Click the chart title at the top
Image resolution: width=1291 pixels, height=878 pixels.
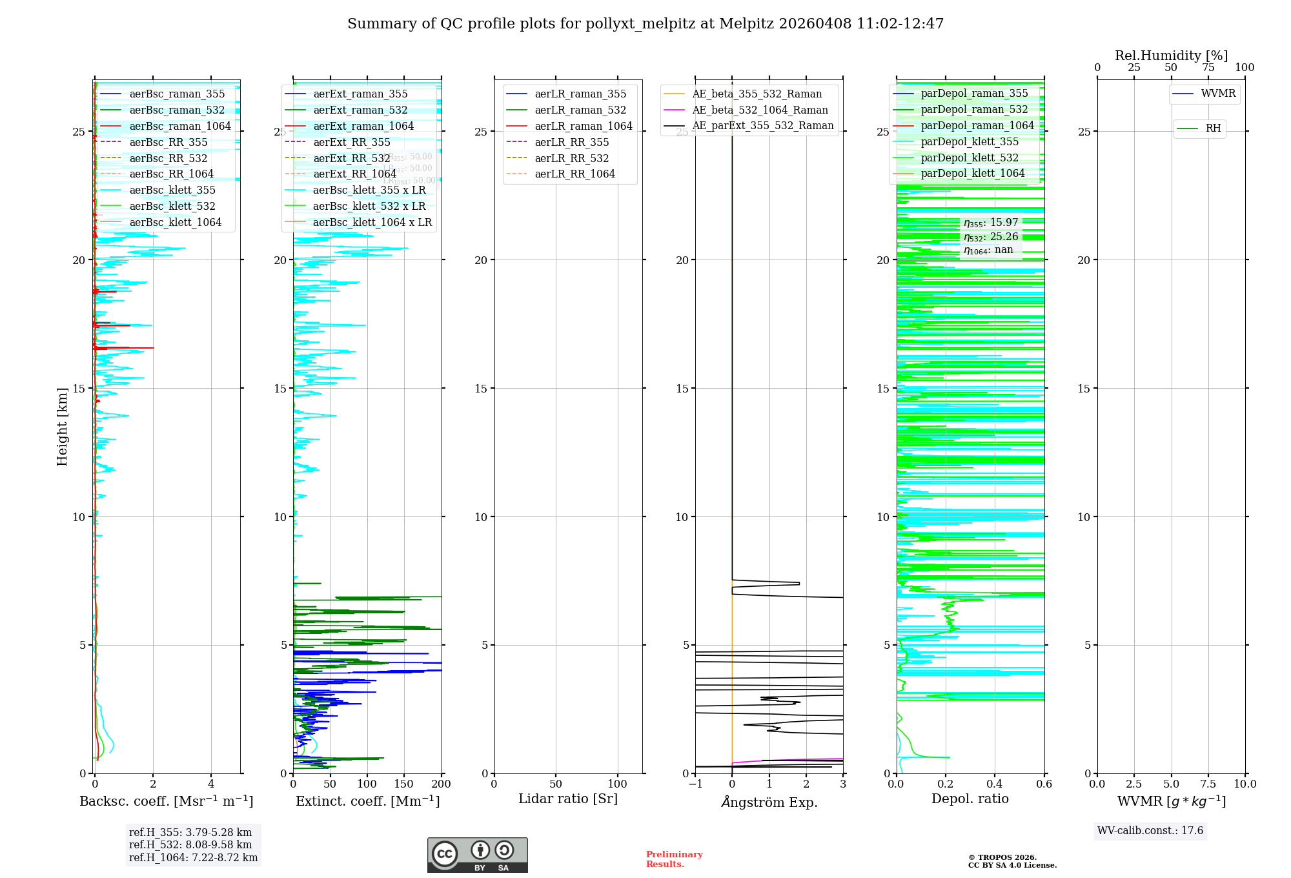[645, 24]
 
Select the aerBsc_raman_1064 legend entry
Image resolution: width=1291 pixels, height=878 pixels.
[179, 126]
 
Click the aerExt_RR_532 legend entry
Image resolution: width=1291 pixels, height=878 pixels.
[352, 158]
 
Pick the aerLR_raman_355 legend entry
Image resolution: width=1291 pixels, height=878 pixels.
[580, 94]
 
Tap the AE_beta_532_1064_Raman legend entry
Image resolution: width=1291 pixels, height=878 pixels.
[760, 110]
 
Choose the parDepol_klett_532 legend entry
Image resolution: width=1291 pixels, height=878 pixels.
[970, 158]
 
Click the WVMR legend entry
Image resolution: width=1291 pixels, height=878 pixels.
[1218, 94]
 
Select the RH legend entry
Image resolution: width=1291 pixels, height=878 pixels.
[1213, 128]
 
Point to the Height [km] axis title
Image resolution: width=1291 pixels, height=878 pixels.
[62, 427]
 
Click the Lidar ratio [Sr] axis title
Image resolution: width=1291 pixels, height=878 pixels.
[568, 799]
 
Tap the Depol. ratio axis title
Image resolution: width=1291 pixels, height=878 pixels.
[970, 799]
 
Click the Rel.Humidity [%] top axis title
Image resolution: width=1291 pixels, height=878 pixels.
[1171, 56]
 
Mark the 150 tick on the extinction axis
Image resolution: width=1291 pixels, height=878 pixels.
[404, 784]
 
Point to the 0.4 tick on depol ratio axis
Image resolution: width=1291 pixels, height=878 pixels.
[995, 784]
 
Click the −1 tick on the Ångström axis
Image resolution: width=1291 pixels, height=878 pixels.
[695, 784]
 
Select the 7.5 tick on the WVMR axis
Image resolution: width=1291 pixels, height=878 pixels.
[1208, 784]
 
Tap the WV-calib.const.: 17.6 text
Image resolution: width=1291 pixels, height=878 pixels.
[1150, 831]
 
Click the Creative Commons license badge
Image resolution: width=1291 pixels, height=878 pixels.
[477, 855]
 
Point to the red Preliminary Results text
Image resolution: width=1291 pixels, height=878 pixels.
[674, 859]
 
